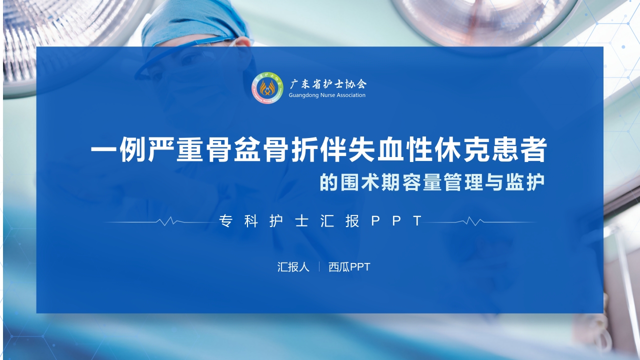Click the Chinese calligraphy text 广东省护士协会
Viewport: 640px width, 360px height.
click(x=327, y=83)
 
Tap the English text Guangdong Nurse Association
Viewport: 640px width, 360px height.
click(x=327, y=95)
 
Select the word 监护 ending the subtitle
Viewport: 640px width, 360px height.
click(x=531, y=182)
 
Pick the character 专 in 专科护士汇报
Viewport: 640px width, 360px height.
click(x=225, y=221)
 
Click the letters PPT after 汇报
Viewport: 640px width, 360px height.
click(x=398, y=221)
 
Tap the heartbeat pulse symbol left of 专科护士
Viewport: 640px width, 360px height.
click(x=167, y=221)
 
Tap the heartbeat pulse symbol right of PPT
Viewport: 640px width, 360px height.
click(x=472, y=221)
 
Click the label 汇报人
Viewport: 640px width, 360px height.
click(x=293, y=267)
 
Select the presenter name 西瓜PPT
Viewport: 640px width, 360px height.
click(x=349, y=267)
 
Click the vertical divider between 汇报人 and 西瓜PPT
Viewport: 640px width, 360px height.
click(x=319, y=267)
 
